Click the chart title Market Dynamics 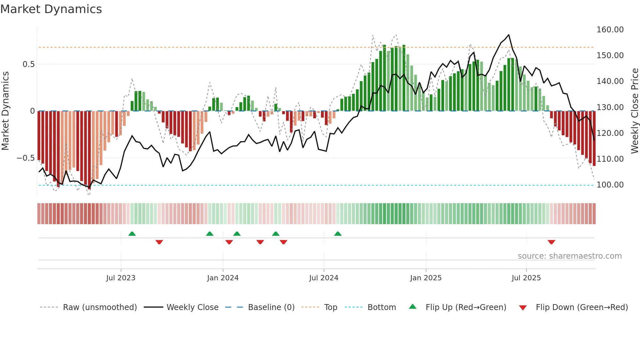(x=51, y=9)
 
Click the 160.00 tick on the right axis (x=610, y=30)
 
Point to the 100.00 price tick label (x=610, y=185)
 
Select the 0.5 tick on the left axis (x=28, y=64)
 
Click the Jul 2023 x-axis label (x=120, y=278)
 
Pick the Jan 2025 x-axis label (x=425, y=278)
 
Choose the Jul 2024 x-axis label (x=324, y=278)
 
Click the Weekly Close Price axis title (x=634, y=111)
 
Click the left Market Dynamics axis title (x=5, y=111)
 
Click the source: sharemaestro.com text (x=569, y=256)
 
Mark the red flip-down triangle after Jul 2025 (x=551, y=242)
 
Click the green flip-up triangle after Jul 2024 (x=338, y=234)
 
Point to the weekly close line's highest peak (x=508, y=35)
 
